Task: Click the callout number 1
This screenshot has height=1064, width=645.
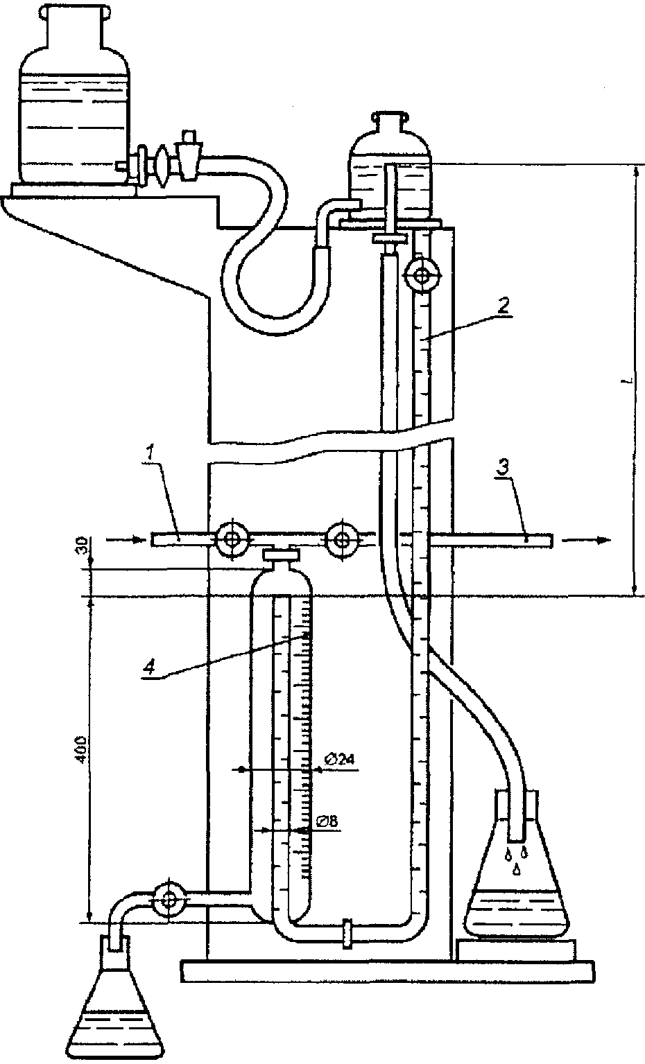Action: pos(150,453)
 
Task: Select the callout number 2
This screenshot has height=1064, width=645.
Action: pos(504,304)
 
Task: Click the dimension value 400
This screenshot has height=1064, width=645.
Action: pos(81,750)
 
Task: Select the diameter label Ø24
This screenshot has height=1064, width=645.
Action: pos(339,760)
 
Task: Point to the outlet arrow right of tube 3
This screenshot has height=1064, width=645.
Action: pos(585,539)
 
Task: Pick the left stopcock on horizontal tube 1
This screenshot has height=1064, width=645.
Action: pos(232,539)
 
